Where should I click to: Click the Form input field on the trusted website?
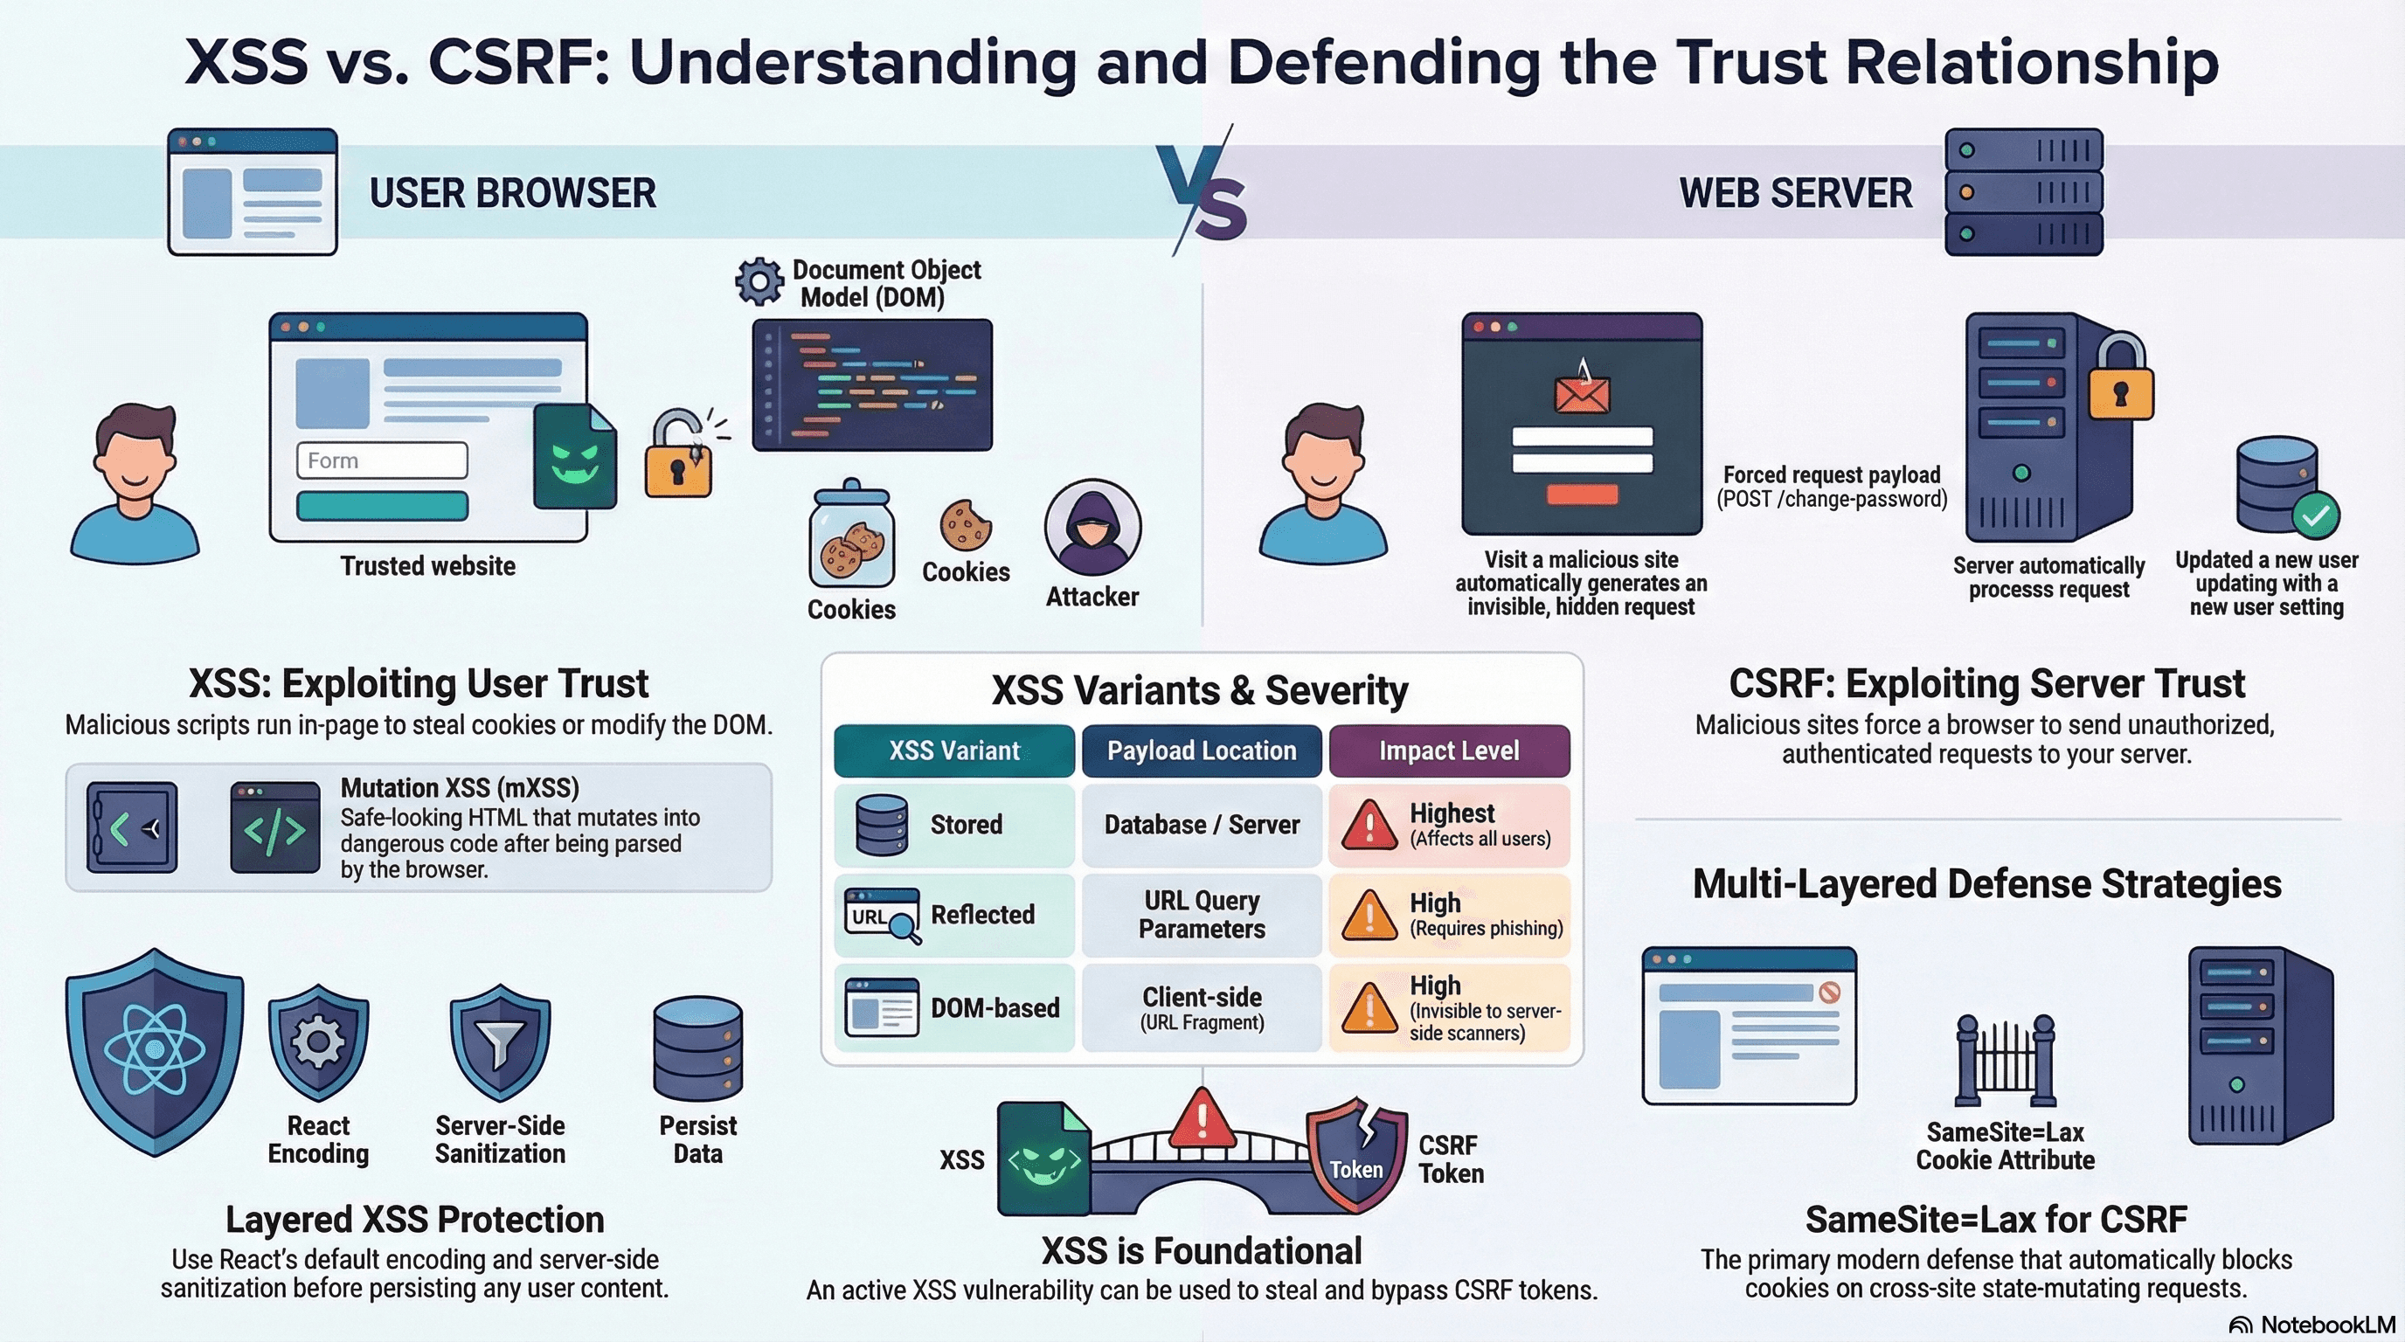(382, 460)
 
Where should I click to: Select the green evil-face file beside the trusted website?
(574, 457)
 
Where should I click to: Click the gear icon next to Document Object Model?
(759, 281)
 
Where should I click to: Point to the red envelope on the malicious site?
(1582, 392)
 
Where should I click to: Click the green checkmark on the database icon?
(2315, 515)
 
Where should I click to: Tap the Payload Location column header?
(1202, 751)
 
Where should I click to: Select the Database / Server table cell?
(1202, 825)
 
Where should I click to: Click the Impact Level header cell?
(1449, 751)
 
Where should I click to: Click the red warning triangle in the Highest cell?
(1369, 825)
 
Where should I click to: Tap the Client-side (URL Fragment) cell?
(1202, 1008)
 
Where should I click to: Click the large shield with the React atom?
(155, 1051)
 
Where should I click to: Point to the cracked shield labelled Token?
(1356, 1154)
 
